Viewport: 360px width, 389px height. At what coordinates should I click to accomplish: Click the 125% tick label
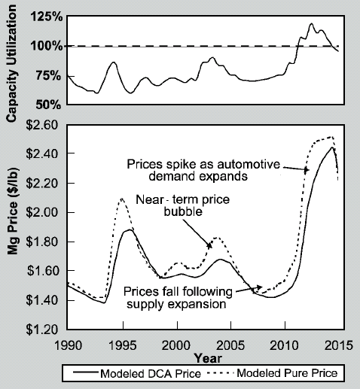[47, 17]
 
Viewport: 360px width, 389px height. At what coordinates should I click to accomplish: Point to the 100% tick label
[47, 46]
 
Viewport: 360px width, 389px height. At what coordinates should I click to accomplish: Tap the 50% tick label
[48, 105]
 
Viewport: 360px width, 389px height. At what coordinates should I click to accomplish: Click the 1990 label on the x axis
[68, 345]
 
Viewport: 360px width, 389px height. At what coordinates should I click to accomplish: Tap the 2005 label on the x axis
[230, 345]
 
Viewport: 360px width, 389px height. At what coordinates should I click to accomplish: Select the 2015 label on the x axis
[339, 345]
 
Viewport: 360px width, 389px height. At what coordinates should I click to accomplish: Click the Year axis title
[208, 358]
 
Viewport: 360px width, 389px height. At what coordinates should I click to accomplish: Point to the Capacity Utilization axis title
[11, 64]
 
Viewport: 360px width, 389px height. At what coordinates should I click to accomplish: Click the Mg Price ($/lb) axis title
[13, 210]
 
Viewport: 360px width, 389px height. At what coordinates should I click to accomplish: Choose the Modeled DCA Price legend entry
[137, 373]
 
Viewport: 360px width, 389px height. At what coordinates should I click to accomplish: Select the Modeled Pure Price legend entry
[272, 373]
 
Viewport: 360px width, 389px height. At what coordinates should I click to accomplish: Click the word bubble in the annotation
[183, 212]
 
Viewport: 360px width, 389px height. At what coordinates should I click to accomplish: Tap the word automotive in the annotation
[249, 164]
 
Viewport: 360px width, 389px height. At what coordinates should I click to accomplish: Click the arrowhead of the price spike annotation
[307, 170]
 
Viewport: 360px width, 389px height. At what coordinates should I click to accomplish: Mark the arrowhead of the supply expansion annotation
[260, 287]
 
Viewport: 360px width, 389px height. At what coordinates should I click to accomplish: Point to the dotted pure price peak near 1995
[122, 199]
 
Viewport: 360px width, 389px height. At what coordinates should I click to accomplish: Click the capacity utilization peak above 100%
[311, 23]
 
